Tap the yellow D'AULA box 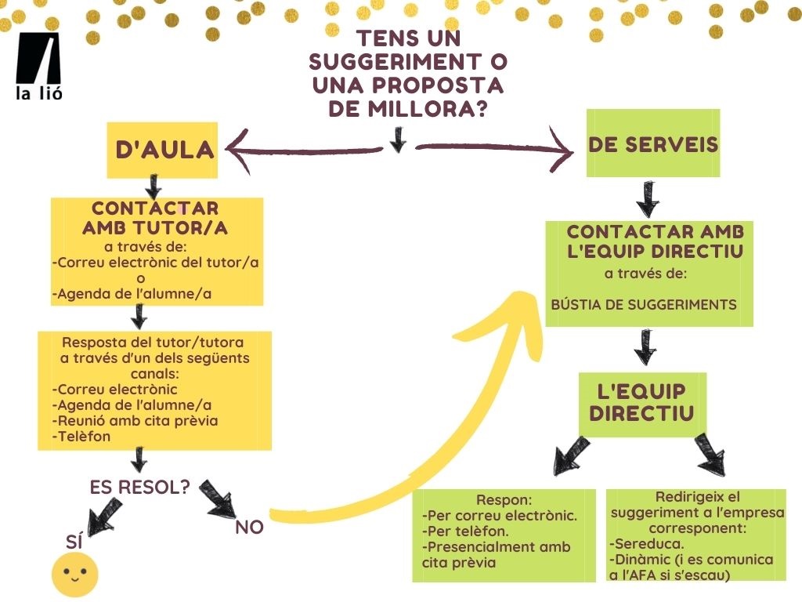tap(163, 150)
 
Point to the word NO tap(249, 528)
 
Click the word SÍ tap(74, 540)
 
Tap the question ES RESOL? tap(140, 487)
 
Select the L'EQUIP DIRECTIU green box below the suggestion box tap(641, 404)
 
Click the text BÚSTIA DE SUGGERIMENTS tap(644, 304)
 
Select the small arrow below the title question tap(398, 139)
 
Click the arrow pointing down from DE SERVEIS tap(647, 200)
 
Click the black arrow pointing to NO tap(219, 499)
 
